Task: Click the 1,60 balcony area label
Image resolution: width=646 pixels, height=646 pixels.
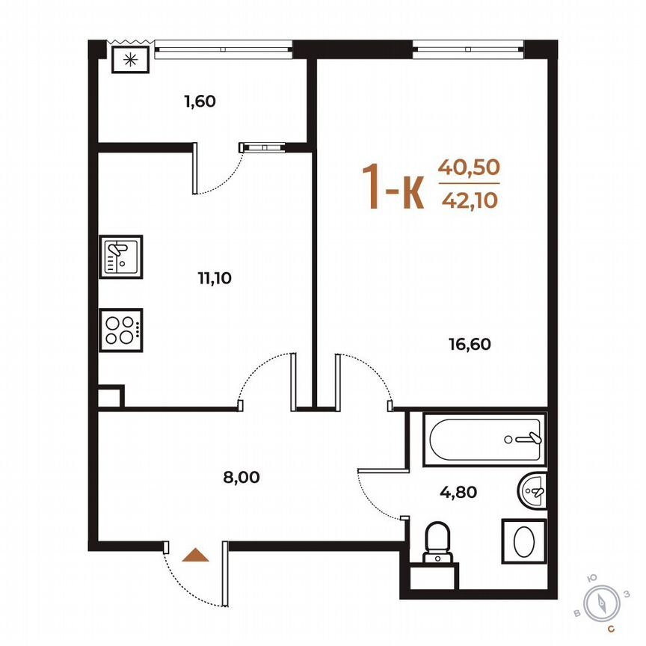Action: click(200, 101)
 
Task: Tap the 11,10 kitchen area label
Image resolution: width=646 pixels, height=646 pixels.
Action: click(215, 279)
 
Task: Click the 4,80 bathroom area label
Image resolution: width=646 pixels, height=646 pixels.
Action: click(458, 492)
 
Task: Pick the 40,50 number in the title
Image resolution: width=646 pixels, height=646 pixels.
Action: click(469, 167)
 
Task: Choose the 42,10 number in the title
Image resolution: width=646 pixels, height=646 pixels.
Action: click(469, 199)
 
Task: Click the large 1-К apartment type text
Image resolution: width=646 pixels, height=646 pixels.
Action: click(393, 186)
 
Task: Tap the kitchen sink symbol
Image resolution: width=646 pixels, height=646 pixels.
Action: click(120, 256)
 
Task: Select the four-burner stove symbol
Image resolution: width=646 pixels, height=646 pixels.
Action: click(120, 329)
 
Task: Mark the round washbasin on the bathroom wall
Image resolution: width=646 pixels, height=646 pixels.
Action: click(533, 492)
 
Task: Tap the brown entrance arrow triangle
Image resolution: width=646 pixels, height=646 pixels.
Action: click(196, 555)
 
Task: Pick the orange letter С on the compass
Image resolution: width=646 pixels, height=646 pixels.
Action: click(611, 629)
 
